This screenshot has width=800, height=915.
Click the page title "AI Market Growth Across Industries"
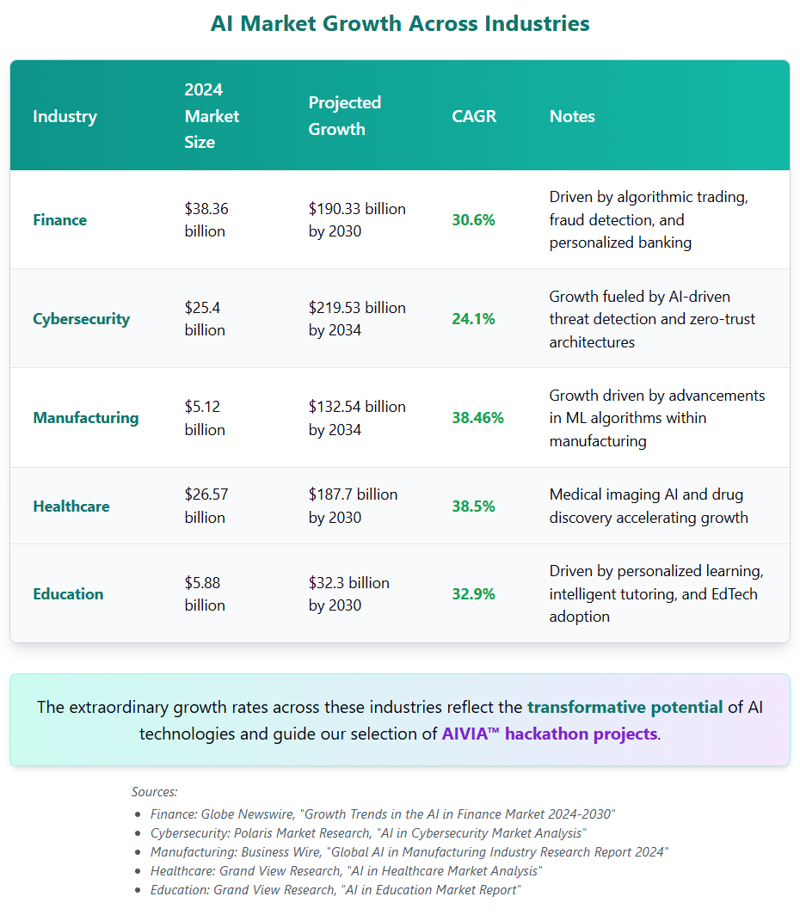coord(400,24)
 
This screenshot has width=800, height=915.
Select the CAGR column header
coord(474,116)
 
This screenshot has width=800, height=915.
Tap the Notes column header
coord(572,116)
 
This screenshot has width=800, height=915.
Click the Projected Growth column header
coord(344,116)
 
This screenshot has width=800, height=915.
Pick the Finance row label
coord(59,220)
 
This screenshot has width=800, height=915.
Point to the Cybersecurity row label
coord(81,319)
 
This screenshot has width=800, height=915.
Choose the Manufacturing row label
coord(85,418)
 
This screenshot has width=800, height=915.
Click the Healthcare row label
coord(71,507)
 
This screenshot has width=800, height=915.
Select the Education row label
coord(68,594)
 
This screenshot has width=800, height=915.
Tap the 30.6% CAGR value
coord(473,220)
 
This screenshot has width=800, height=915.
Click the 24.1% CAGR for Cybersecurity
coord(473,319)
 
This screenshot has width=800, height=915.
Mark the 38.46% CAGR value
coord(477,418)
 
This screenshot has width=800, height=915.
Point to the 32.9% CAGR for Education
coord(473,594)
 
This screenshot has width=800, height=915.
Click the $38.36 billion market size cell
coord(206,220)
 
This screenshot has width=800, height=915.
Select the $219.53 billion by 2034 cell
coord(357,319)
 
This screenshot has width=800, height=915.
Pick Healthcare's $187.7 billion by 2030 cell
coord(353,507)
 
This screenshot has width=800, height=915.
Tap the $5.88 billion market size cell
coord(205,594)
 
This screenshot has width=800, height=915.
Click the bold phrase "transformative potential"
coord(625,708)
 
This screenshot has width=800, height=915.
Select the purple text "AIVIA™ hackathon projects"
coord(549,734)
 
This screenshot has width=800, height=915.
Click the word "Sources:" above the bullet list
coord(154,792)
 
